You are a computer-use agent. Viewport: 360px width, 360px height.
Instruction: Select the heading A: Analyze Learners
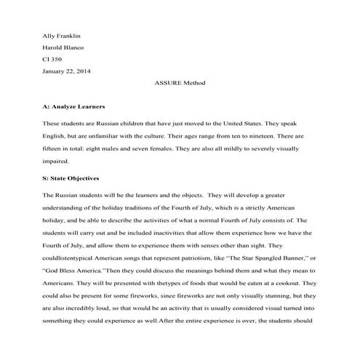coord(74,106)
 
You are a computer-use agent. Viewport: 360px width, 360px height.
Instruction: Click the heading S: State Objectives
coord(71,177)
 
